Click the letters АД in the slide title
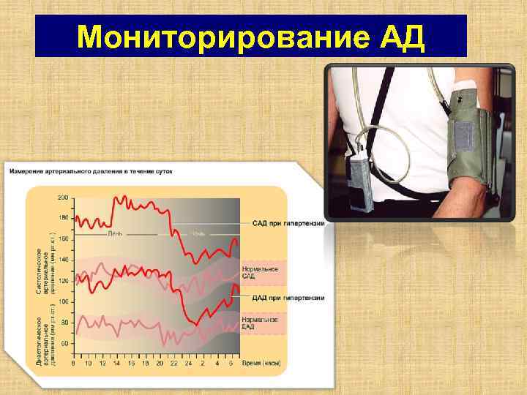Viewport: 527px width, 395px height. pos(402,36)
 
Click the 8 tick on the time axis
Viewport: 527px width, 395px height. pos(73,363)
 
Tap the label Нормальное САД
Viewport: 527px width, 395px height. pos(258,274)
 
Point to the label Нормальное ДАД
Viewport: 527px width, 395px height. pos(258,323)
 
